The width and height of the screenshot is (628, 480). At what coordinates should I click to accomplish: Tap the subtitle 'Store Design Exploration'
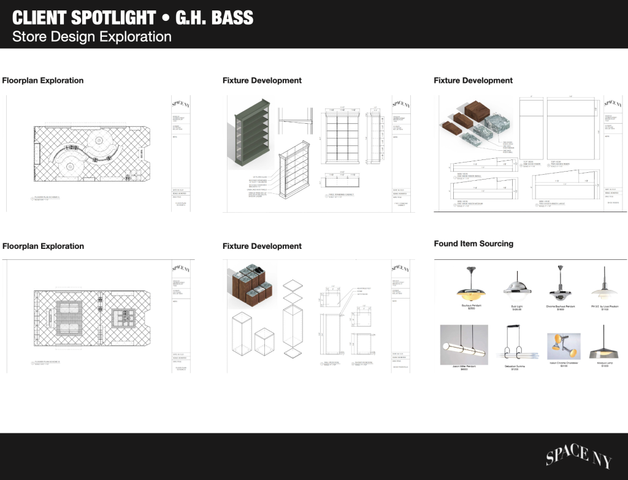[x=91, y=37]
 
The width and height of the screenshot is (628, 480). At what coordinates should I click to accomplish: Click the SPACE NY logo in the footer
[x=575, y=455]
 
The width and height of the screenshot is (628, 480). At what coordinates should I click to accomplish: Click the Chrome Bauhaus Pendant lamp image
[x=561, y=283]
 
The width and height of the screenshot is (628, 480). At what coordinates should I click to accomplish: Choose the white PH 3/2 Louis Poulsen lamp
[x=604, y=284]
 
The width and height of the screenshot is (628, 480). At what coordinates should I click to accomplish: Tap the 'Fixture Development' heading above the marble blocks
[x=473, y=80]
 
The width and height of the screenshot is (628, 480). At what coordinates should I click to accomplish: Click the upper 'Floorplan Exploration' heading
[x=43, y=80]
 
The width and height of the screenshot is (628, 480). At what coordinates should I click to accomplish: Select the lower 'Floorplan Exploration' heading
[x=43, y=246]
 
